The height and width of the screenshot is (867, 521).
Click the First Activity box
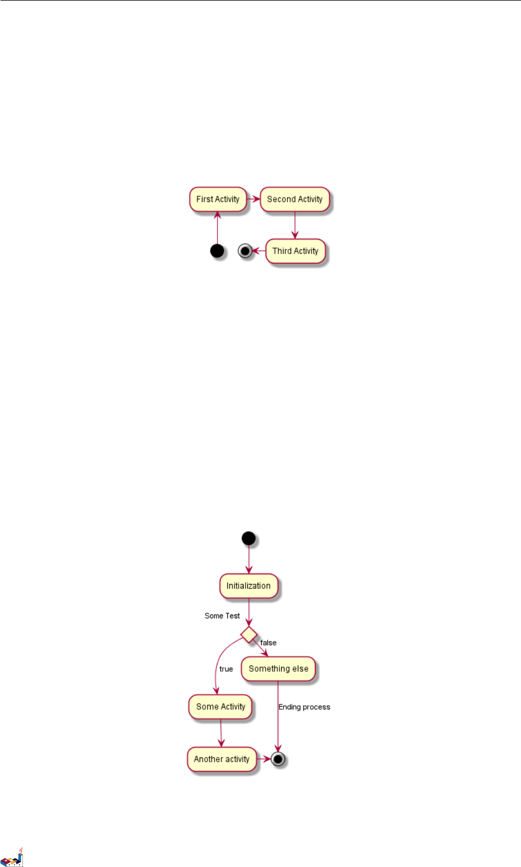pos(218,199)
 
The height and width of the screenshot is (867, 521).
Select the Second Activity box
pos(295,199)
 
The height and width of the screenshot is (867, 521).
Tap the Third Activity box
pos(296,251)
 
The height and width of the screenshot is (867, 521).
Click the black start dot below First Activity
pos(217,251)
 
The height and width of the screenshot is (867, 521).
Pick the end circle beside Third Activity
pos(246,251)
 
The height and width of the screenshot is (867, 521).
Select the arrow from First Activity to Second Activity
pos(254,199)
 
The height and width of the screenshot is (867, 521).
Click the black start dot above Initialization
pos(248,538)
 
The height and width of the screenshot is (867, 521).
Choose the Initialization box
pos(248,586)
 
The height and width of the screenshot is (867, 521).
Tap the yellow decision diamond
pos(248,634)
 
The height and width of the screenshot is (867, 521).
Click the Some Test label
pos(222,616)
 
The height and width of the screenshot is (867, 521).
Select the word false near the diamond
pos(269,643)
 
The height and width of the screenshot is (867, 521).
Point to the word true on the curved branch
pos(226,669)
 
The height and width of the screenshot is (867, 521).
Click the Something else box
pos(278,669)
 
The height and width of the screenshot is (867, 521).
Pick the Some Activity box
pos(221,707)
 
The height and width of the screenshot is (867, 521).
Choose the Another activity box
pos(221,759)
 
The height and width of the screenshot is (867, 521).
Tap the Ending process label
pos(304,707)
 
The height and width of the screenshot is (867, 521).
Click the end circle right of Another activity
pos(278,759)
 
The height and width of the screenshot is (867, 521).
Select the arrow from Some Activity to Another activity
pos(221,733)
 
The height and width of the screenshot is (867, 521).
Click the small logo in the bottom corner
pos(12,857)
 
